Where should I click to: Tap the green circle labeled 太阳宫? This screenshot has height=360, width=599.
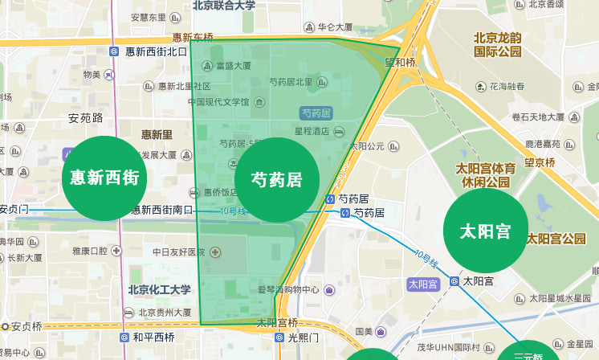486,231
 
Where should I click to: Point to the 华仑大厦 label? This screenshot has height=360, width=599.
336,26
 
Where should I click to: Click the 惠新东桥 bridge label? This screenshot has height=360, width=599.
193,37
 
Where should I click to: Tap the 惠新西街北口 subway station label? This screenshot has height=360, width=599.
156,51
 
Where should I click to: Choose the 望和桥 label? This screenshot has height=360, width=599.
400,62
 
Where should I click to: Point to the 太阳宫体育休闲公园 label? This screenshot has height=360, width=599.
486,175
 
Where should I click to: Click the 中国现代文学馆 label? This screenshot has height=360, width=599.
218,102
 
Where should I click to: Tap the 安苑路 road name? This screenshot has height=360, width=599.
85,118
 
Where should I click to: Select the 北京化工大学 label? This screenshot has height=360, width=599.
159,289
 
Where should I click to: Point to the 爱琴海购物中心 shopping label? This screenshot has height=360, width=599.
288,289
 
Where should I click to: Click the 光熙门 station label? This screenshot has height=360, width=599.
304,337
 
